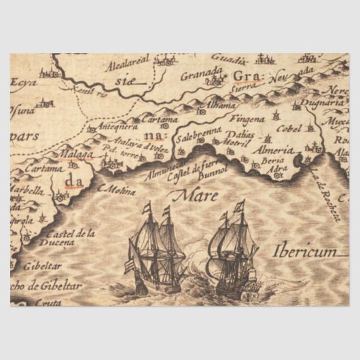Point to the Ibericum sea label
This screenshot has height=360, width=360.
305,251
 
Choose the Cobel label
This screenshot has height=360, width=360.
289,129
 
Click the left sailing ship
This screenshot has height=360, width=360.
155,249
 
